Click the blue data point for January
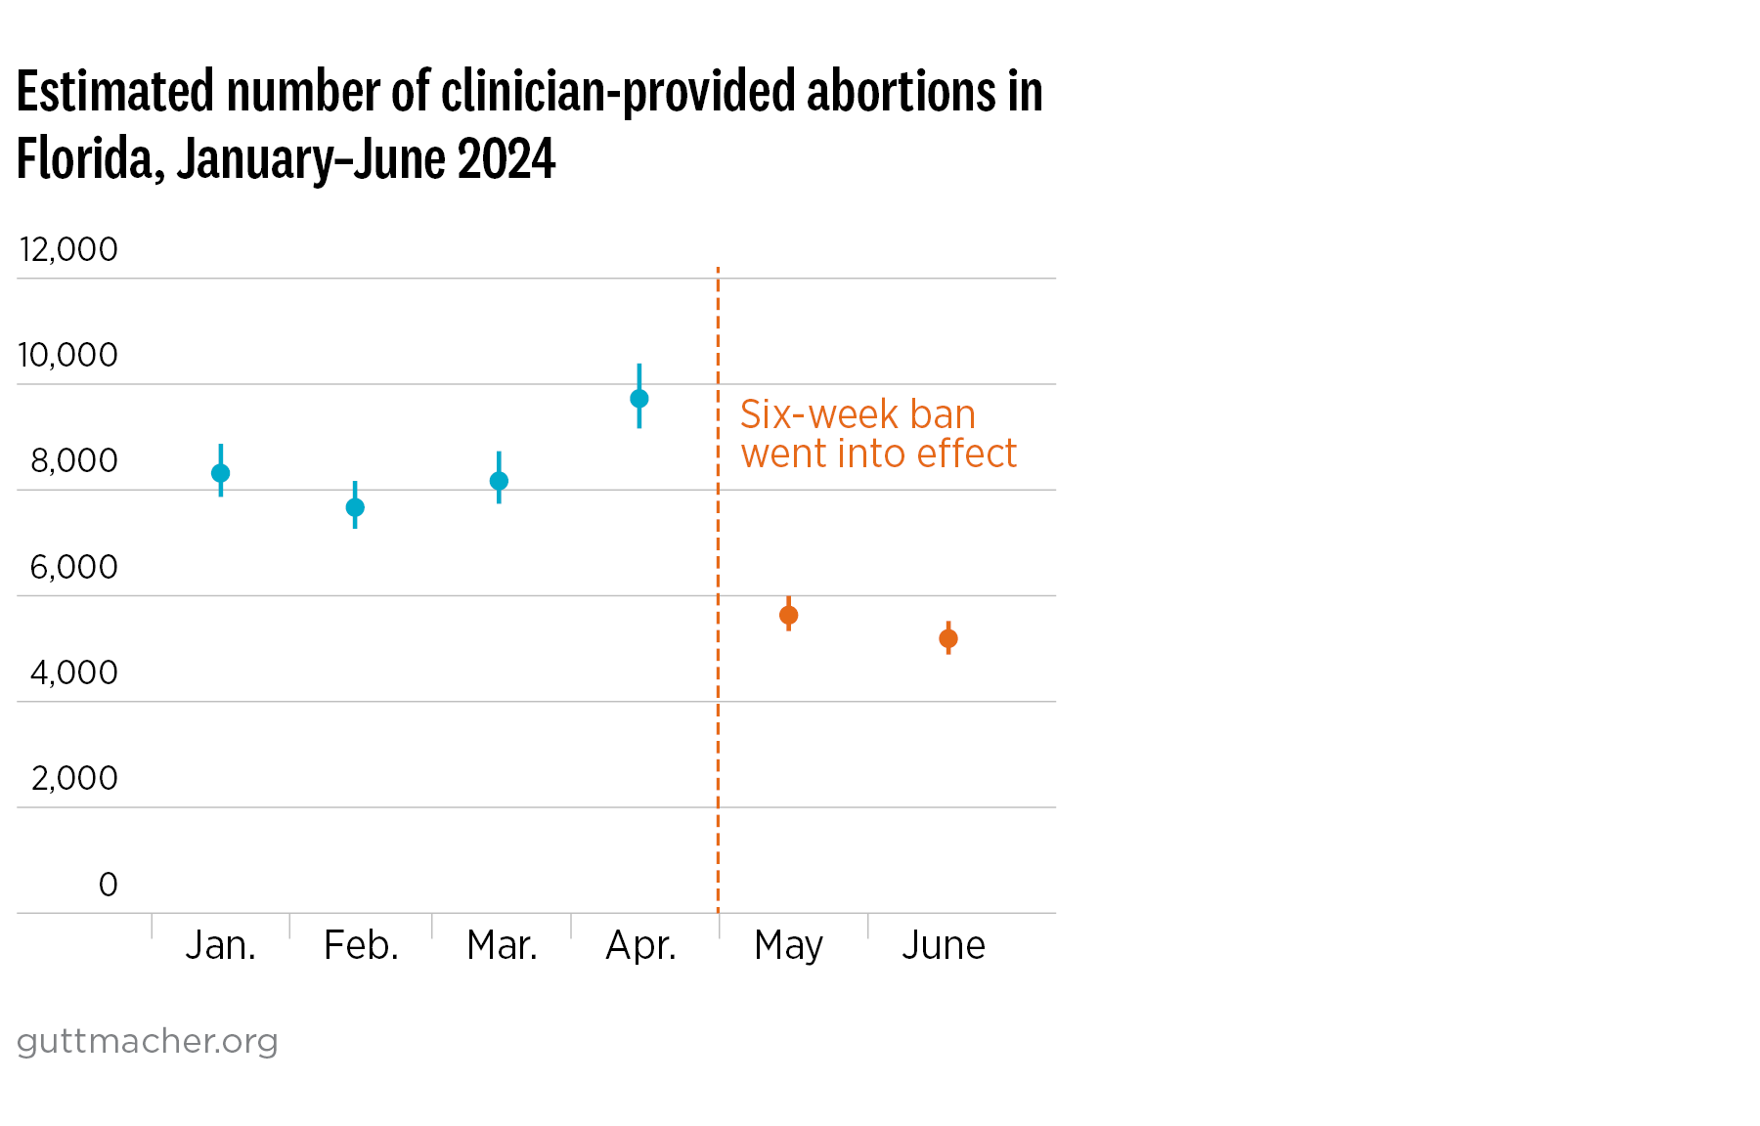tap(221, 473)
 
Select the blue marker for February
tap(355, 507)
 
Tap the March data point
tap(499, 481)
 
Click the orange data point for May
tap(789, 615)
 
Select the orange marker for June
tap(948, 639)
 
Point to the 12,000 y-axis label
tap(68, 249)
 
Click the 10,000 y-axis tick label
tap(68, 355)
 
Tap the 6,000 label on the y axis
tap(73, 567)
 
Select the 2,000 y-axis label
tap(74, 778)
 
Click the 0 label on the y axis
tap(108, 885)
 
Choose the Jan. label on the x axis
tap(221, 945)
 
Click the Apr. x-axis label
tap(641, 945)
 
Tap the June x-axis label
tap(944, 945)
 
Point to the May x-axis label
tap(789, 946)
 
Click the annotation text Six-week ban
tap(858, 414)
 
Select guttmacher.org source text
tap(148, 1041)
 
